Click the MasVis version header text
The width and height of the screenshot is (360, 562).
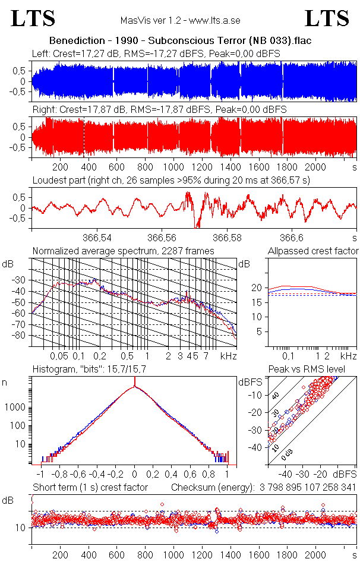(179, 20)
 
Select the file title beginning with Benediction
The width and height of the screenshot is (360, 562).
(180, 41)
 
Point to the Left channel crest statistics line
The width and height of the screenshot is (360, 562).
(156, 53)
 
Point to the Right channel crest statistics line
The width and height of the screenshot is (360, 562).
(159, 110)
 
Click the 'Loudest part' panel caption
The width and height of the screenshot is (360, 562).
(179, 179)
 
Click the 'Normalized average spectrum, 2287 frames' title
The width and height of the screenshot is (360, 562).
(123, 251)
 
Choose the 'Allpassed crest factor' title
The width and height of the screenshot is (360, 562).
(313, 251)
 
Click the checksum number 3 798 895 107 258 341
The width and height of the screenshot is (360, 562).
(307, 487)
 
